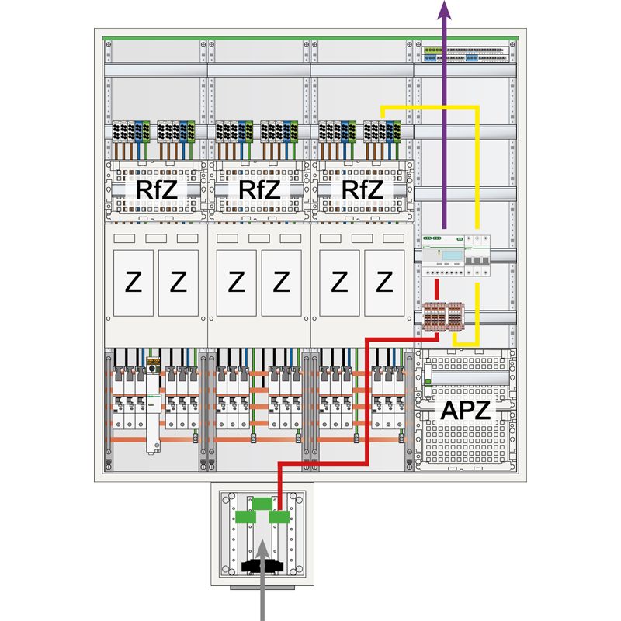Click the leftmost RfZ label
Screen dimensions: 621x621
[x=156, y=189]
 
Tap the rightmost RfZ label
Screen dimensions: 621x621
[x=362, y=189]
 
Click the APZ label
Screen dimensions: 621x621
[x=466, y=411]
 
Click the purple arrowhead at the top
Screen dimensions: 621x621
[x=444, y=9]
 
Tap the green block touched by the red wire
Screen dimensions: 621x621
[x=279, y=517]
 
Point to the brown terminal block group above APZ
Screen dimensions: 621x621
[x=445, y=318]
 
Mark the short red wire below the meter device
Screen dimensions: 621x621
[x=437, y=289]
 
